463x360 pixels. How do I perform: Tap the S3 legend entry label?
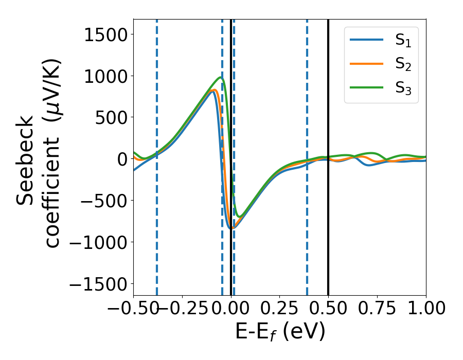(404, 88)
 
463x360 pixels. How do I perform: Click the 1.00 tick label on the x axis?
(425, 309)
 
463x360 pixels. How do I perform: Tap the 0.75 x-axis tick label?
(377, 309)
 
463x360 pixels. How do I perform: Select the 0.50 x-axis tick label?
(328, 309)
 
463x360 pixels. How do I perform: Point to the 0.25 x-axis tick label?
(279, 309)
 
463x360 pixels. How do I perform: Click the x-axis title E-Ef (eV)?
(280, 332)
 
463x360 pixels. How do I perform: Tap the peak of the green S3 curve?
(221, 78)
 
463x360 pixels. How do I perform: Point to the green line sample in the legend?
(366, 88)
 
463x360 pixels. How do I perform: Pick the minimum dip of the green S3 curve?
(238, 216)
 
